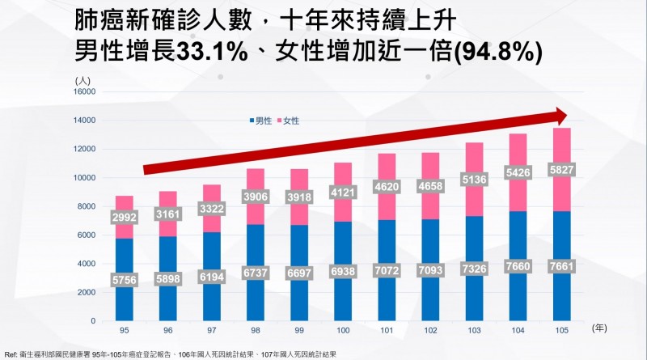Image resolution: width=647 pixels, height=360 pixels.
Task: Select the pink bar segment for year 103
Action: pyautogui.click(x=473, y=162)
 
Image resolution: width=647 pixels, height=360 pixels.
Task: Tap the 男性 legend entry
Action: pyautogui.click(x=259, y=121)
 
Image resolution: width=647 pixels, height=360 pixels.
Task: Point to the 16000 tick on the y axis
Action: pyautogui.click(x=83, y=92)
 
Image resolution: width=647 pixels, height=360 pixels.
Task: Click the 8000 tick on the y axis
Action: pyautogui.click(x=86, y=206)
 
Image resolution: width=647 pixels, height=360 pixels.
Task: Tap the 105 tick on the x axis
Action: pyautogui.click(x=561, y=330)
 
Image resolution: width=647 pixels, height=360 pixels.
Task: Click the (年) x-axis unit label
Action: pyautogui.click(x=599, y=328)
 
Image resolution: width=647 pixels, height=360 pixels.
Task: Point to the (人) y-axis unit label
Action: pyautogui.click(x=84, y=79)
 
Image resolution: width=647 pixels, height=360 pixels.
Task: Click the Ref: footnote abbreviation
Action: pyautogui.click(x=11, y=354)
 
